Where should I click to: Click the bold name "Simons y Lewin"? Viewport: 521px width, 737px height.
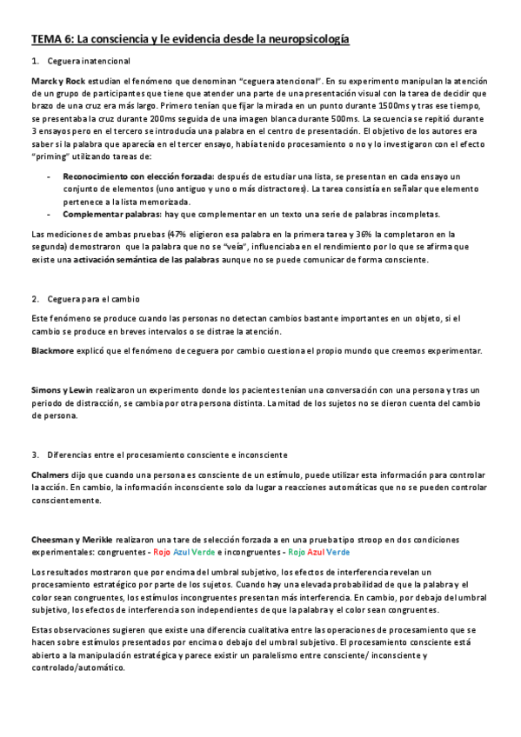click(x=63, y=389)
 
